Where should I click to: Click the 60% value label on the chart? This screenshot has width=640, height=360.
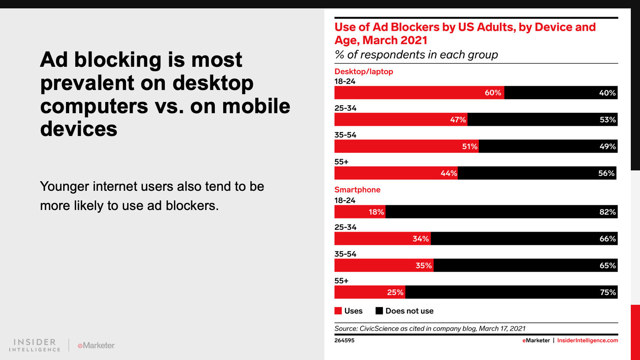(493, 93)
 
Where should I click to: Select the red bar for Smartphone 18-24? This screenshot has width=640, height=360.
(360, 212)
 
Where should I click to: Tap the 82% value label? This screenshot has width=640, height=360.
(607, 212)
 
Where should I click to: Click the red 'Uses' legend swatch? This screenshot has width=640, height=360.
(338, 311)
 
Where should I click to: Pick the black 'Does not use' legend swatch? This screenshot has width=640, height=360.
(379, 311)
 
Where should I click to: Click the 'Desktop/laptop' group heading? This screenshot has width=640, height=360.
(364, 72)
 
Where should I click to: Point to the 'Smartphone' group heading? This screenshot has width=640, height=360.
(357, 190)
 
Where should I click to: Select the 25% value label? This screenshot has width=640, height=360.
(395, 292)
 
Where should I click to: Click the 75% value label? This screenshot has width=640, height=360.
(608, 292)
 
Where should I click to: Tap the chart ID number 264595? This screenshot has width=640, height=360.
(344, 340)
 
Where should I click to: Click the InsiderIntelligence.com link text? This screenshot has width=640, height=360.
(587, 340)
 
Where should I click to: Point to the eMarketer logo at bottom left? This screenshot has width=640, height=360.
(96, 345)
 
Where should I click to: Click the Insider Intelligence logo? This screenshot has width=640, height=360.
(35, 345)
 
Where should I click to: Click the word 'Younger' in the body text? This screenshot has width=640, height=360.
(64, 186)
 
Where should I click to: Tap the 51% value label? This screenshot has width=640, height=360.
(470, 146)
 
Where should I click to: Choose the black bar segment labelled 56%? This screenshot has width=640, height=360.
(536, 173)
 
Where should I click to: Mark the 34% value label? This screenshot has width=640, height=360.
(420, 239)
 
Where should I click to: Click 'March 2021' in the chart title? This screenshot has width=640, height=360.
(395, 40)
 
